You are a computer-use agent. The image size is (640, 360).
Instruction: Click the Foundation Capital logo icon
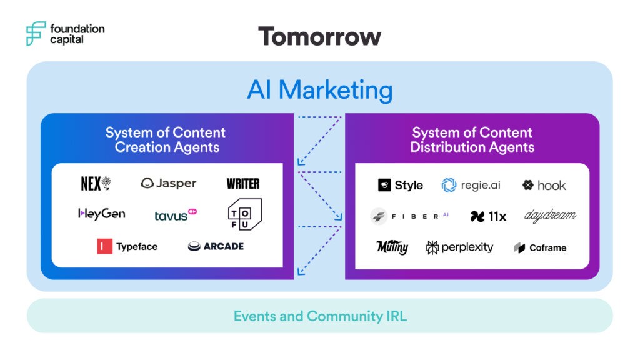click(36, 33)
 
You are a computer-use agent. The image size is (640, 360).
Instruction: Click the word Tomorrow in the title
click(319, 36)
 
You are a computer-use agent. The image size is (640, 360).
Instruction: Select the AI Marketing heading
click(319, 90)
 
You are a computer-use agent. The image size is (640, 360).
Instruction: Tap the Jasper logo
click(169, 183)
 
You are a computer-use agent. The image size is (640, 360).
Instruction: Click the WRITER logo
click(243, 184)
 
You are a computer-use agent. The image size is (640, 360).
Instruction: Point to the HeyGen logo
click(102, 214)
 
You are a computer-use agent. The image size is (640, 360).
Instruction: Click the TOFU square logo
click(244, 214)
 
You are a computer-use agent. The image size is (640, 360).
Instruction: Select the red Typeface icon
click(104, 246)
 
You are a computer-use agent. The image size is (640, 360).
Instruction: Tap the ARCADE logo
click(216, 246)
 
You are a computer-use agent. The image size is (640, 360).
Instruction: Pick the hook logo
click(544, 185)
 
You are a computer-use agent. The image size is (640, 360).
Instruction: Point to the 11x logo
click(488, 216)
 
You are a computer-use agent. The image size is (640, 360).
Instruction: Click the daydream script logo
click(550, 216)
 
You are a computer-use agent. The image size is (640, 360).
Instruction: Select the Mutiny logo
click(392, 247)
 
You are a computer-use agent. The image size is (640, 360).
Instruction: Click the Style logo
click(401, 185)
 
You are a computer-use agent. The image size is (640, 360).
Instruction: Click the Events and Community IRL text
click(320, 316)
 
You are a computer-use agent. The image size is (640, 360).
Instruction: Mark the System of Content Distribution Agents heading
click(472, 140)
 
